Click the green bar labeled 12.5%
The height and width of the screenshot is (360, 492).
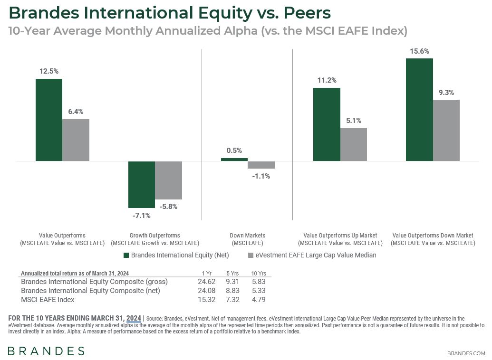49,120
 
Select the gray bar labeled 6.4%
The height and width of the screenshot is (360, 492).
76,140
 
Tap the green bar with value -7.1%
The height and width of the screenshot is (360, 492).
142,184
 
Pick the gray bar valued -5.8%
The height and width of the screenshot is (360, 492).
168,180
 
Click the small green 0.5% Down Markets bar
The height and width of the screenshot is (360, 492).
234,160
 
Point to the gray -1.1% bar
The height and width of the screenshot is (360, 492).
261,165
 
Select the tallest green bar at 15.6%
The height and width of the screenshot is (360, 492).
419,110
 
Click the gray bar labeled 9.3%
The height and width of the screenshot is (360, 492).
446,130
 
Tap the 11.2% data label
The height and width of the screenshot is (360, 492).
327,80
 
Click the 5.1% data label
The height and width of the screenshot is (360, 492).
353,120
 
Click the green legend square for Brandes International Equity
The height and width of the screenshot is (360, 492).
126,255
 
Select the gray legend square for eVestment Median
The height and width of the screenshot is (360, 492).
251,255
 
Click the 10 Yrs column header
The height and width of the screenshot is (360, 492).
259,274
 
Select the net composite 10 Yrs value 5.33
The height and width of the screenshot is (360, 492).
259,291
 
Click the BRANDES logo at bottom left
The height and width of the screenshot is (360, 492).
46,351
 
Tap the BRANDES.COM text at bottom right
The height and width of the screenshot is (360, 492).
466,353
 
